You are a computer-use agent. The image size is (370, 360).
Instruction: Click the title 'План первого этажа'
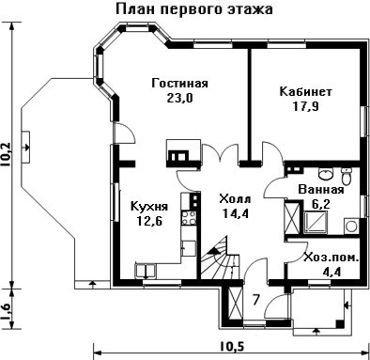pos(194,9)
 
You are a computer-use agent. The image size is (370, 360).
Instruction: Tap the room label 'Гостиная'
pos(179,84)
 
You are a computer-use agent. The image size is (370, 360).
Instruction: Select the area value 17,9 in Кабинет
pos(305,107)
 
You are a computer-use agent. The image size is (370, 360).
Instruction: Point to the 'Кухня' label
pos(149,207)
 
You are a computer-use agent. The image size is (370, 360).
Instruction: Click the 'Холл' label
pos(235,199)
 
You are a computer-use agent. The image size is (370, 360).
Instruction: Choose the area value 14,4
pos(236,213)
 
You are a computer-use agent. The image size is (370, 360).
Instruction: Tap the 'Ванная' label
pos(321,190)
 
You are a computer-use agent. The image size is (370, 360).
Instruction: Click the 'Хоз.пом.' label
pos(331,258)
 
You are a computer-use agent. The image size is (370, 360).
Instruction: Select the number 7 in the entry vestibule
pos(256,300)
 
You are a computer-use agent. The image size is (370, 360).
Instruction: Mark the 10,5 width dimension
pos(232,347)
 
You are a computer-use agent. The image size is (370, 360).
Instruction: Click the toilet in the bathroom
pos(347,177)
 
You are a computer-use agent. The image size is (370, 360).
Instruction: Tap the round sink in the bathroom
pos(326,174)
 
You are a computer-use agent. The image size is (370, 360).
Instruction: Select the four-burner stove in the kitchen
pos(189,218)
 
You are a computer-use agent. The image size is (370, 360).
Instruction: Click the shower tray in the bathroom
pos(316,223)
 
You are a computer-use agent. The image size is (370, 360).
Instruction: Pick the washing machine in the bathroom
pos(351,227)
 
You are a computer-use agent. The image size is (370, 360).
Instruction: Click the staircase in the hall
pos(220,258)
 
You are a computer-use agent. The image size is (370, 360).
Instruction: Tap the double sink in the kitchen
pos(146,271)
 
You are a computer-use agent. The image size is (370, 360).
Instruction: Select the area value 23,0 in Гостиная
pos(179,98)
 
